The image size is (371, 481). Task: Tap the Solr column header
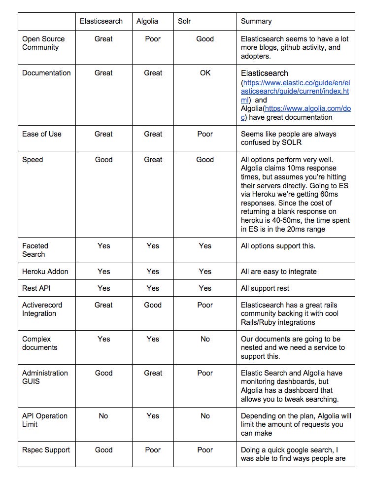tap(185, 21)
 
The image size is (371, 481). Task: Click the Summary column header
tap(256, 21)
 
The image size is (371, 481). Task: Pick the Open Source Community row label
tap(43, 43)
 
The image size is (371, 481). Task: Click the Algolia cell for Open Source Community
tap(153, 39)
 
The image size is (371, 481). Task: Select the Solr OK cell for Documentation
tap(205, 73)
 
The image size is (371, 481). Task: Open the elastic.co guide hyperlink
tap(296, 91)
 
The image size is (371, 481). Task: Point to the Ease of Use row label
tap(42, 134)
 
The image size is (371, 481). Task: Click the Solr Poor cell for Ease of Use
tap(205, 134)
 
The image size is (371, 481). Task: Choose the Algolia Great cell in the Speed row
tap(153, 160)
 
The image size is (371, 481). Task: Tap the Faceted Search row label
tap(35, 250)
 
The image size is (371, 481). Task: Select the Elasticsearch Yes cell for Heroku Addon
tap(103, 271)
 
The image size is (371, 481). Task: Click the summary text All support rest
tap(265, 288)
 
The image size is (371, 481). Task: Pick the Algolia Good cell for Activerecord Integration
tap(153, 305)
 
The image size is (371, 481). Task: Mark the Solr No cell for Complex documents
tap(205, 339)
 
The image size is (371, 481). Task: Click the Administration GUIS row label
tap(45, 377)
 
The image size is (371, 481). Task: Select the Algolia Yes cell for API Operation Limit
tap(153, 416)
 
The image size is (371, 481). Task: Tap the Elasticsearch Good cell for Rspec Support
tap(103, 450)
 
